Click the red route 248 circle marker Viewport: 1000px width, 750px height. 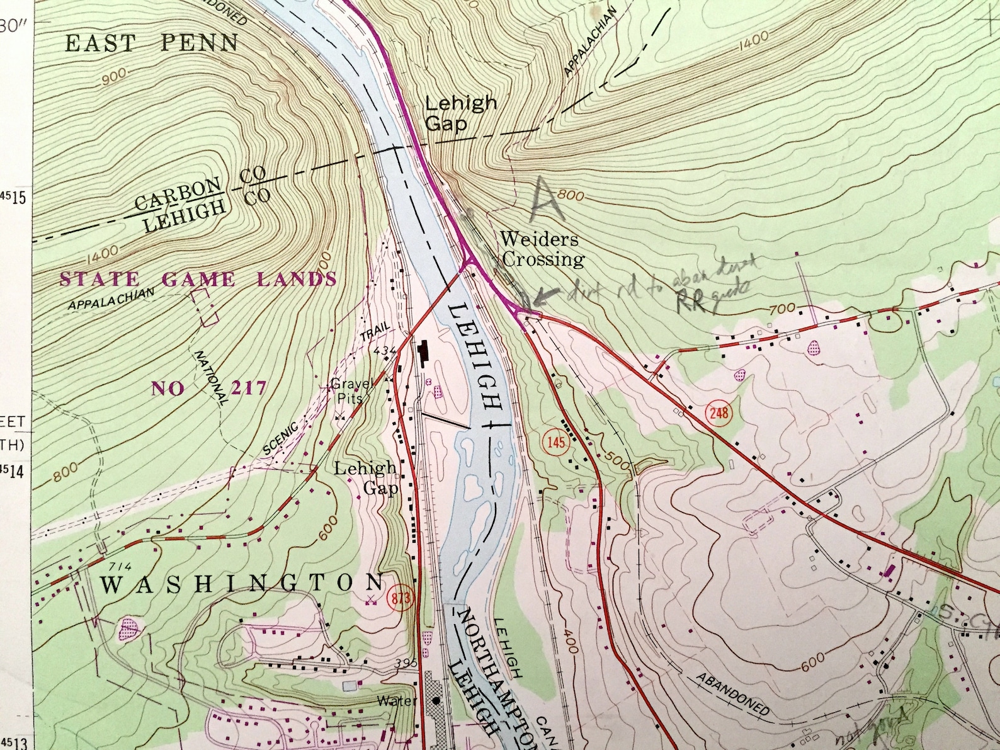coord(719,413)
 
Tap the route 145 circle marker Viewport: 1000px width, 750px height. coord(556,442)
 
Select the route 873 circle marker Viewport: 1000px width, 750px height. coord(401,598)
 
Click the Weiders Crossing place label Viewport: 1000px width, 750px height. coord(541,249)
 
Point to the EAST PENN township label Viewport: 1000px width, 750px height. coord(152,43)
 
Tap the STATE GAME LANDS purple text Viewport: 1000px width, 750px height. coord(198,280)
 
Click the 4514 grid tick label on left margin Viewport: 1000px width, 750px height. coord(13,470)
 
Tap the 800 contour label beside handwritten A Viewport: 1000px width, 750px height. coord(571,196)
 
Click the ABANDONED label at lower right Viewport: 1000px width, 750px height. coord(732,694)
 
